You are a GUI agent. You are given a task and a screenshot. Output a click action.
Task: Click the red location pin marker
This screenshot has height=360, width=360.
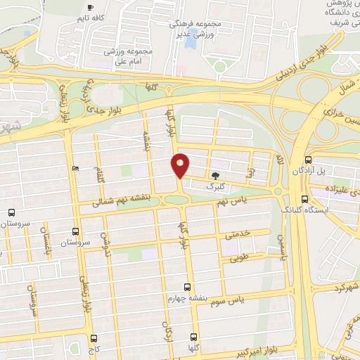(x=181, y=165)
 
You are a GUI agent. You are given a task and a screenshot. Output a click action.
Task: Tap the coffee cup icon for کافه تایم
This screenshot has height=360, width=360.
(x=89, y=5)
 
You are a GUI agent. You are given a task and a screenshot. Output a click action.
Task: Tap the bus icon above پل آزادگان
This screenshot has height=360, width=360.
(x=309, y=160)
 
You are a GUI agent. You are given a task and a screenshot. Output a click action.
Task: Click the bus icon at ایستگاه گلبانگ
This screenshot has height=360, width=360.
(x=303, y=199)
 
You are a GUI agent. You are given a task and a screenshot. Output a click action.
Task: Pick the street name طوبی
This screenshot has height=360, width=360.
(x=240, y=257)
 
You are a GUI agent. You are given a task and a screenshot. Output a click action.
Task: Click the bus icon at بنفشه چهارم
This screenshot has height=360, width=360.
(x=186, y=287)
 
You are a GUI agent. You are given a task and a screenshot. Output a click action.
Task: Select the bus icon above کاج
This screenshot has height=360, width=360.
(x=94, y=338)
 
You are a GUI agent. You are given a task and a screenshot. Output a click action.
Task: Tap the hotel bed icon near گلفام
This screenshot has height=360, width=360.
(x=75, y=169)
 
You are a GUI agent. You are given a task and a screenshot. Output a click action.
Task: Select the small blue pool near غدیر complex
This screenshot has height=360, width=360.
(x=189, y=40)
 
